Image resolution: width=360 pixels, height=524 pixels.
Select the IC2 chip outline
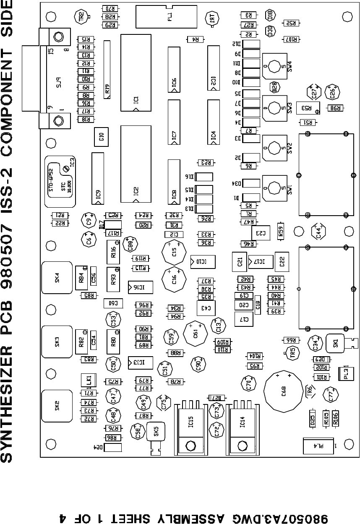click(136, 162)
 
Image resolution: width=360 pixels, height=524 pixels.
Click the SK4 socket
click(57, 278)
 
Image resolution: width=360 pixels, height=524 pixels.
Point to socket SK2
click(57, 405)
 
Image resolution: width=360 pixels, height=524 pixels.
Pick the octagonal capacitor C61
click(196, 333)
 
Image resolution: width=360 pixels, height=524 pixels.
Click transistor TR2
click(81, 16)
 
